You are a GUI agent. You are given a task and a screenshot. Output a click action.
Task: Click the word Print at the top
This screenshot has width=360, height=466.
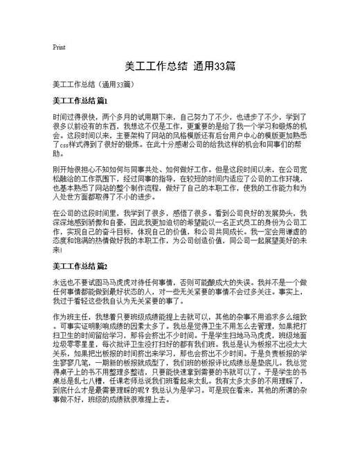pyautogui.click(x=59, y=48)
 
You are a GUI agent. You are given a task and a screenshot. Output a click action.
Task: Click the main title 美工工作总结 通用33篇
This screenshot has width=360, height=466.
pyautogui.click(x=179, y=66)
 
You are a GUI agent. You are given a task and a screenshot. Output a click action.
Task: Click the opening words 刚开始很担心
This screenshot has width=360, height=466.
pyautogui.click(x=74, y=168)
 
